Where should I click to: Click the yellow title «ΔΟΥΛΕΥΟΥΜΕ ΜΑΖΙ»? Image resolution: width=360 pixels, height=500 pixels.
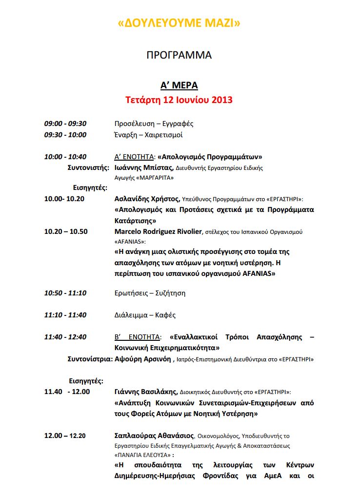(180, 23)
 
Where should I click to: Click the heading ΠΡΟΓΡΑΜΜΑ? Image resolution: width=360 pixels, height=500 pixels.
(180, 55)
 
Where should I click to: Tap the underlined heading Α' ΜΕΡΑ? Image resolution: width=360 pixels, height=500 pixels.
(180, 85)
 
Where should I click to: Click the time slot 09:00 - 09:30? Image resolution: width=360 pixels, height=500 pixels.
(65, 124)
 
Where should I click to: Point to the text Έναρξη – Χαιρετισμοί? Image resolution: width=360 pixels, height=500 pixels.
(149, 135)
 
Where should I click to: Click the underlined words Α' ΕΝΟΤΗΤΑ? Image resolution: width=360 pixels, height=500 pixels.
(134, 157)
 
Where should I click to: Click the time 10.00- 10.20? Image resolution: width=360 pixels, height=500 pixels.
(64, 199)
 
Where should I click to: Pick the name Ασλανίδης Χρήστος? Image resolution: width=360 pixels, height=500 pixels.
(147, 199)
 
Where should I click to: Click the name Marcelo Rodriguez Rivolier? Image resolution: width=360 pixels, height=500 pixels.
(158, 231)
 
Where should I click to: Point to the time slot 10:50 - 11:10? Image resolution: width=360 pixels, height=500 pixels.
(65, 293)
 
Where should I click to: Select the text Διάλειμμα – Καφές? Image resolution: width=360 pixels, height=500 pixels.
(145, 315)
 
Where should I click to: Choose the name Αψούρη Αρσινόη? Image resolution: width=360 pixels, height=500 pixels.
(142, 359)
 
